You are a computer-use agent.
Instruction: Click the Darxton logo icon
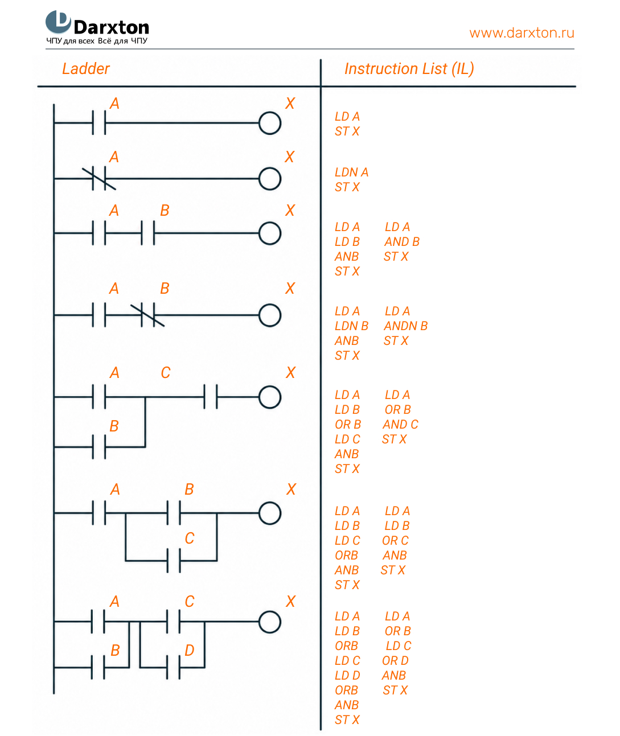pos(58,22)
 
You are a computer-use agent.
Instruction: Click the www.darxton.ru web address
pos(522,33)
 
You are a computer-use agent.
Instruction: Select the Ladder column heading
pos(86,68)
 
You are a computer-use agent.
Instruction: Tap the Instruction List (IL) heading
pos(409,69)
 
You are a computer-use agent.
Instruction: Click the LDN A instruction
pos(351,172)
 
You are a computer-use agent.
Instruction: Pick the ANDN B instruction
pos(405,326)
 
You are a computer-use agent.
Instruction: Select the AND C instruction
pos(400,425)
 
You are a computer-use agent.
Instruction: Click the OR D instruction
pos(395,660)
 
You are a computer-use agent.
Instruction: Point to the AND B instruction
pos(402,242)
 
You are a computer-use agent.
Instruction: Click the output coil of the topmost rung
pos(270,123)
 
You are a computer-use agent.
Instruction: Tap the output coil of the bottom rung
pos(270,622)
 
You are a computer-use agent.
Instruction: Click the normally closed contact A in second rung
pos(99,179)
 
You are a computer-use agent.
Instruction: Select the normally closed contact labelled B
pos(148,315)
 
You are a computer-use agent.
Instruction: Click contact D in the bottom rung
pos(174,667)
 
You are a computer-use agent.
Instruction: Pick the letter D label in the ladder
pos(190,650)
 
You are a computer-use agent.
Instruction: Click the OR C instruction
pos(395,540)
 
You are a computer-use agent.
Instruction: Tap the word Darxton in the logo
pos(112,27)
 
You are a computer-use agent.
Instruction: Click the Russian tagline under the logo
pos(97,41)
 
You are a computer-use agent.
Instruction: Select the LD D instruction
pos(347,675)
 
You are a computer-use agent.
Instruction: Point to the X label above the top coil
pos(290,103)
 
